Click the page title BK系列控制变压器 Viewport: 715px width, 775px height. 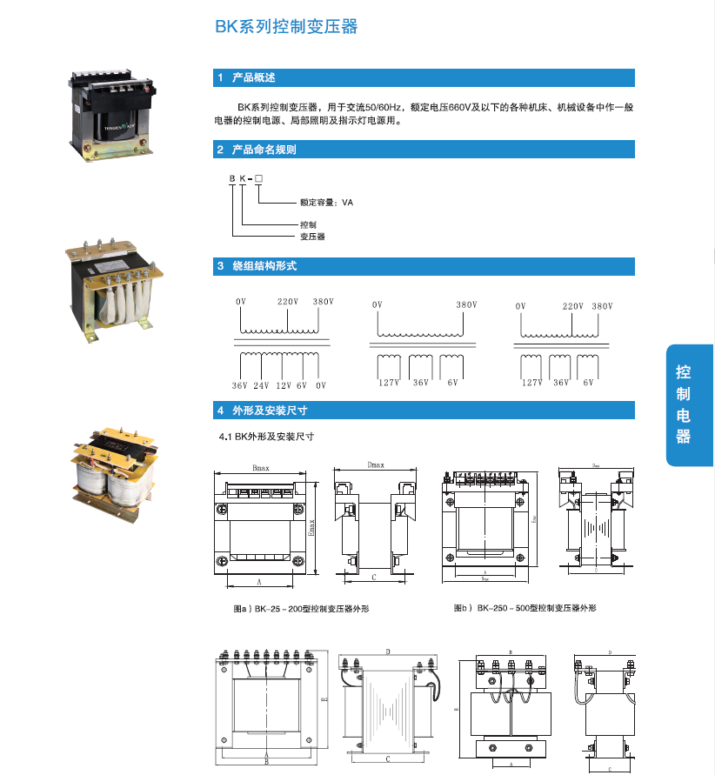click(286, 27)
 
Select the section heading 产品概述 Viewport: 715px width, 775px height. click(253, 77)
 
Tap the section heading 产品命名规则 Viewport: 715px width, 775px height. click(264, 150)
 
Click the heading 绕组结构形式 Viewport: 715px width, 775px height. click(264, 265)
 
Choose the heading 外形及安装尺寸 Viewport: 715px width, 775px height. click(270, 410)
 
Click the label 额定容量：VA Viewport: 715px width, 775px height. click(326, 202)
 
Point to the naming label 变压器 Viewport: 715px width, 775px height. click(312, 236)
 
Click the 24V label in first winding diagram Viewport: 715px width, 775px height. click(261, 384)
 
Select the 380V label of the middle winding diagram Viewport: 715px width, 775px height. click(466, 304)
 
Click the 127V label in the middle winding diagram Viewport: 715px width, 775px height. click(388, 382)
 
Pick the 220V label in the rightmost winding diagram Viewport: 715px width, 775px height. click(572, 306)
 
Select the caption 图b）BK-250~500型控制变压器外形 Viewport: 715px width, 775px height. click(525, 608)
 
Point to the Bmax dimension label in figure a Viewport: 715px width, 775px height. click(260, 468)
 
